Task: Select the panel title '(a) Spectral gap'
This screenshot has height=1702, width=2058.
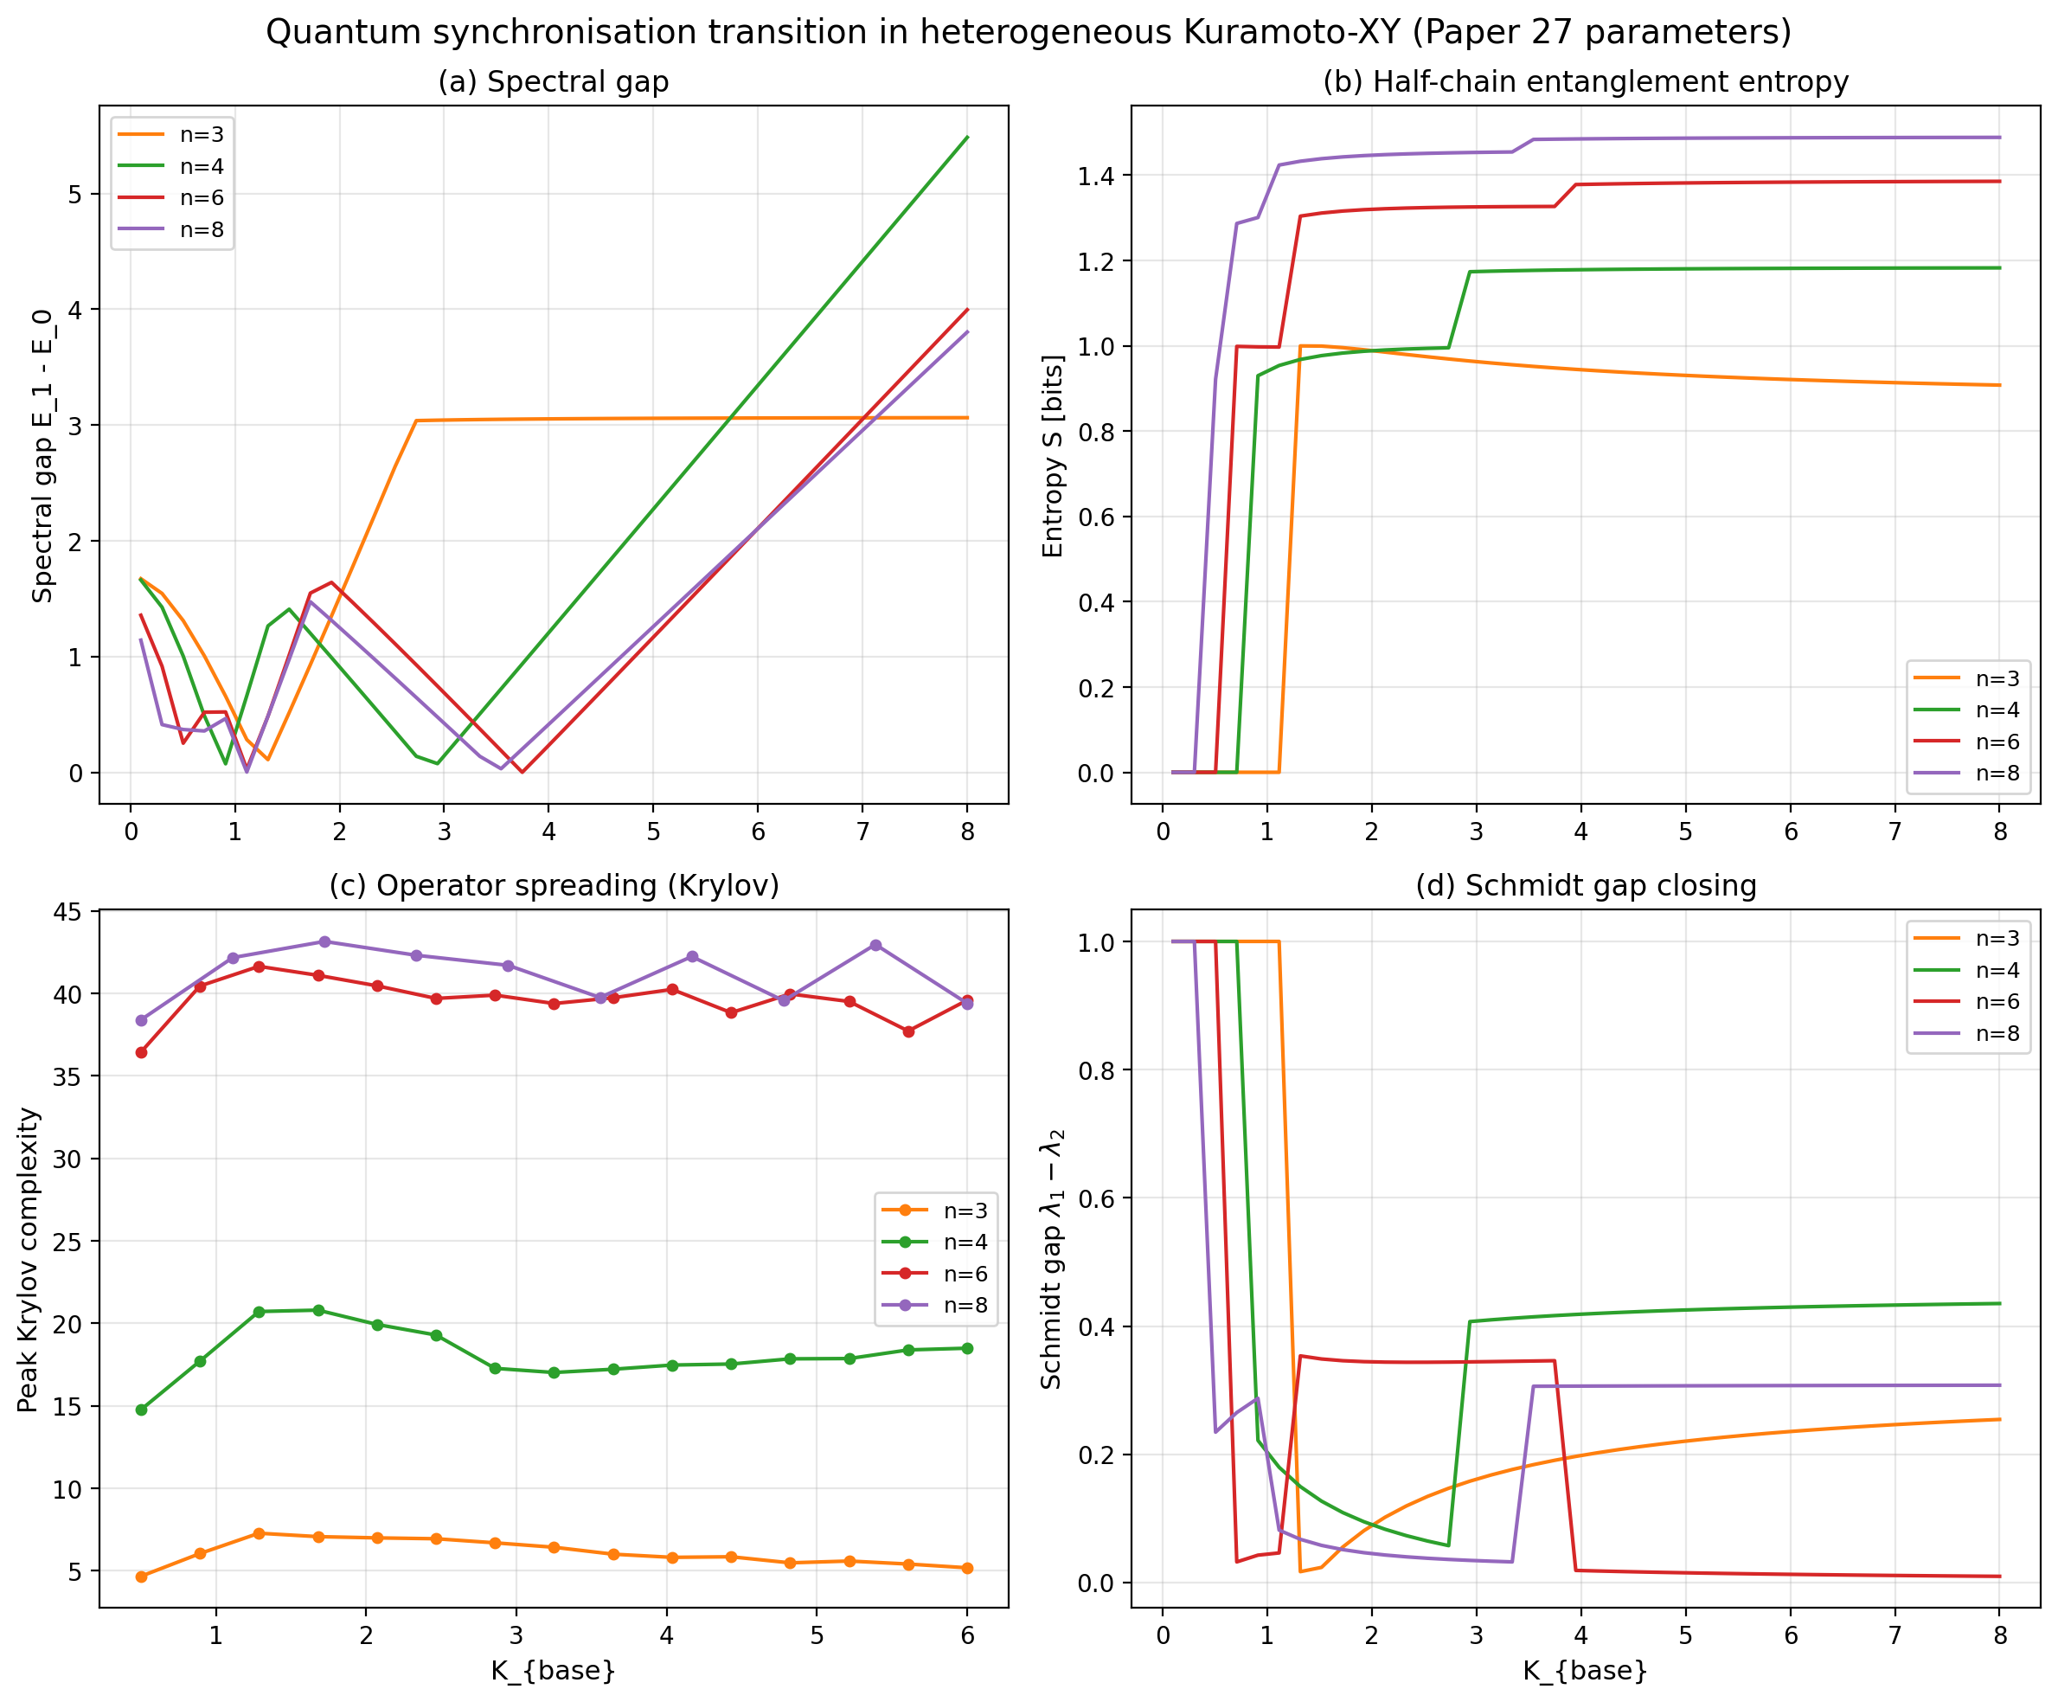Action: (553, 81)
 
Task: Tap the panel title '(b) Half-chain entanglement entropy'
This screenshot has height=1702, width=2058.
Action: (1585, 81)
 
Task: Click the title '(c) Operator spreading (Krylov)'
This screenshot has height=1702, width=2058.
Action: (554, 885)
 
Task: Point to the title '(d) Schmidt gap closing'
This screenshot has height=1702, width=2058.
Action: (1585, 885)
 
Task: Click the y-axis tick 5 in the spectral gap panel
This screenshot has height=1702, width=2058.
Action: (75, 194)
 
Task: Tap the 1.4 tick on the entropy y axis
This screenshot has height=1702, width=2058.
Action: (1097, 176)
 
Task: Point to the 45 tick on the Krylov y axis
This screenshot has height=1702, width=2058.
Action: (68, 912)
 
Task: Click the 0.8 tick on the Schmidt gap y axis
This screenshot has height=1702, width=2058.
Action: (1097, 1069)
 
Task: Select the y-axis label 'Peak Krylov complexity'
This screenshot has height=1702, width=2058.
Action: (28, 1261)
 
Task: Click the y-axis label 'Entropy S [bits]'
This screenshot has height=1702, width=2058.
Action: (1053, 456)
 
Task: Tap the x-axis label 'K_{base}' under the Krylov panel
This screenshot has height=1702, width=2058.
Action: (554, 1671)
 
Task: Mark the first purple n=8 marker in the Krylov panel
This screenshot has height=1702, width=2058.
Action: (141, 1021)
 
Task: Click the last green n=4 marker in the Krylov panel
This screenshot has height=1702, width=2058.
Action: (967, 1348)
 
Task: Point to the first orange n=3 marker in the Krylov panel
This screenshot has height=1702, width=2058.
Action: (141, 1577)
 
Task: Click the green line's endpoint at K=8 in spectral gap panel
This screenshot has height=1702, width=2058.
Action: (967, 138)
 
